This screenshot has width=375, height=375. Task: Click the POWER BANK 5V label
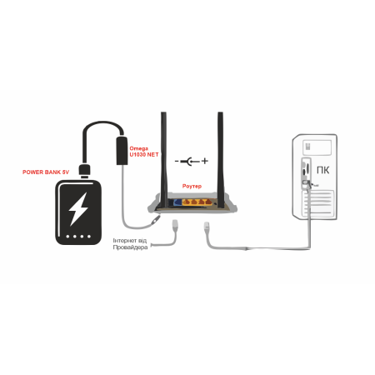tap(46, 172)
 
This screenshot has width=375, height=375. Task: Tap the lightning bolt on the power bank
tap(78, 208)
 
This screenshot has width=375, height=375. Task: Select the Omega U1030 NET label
tap(144, 152)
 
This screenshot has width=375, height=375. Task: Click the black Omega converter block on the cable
tap(122, 150)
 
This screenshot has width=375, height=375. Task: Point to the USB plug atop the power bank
tap(84, 171)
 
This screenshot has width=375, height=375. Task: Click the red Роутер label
tap(192, 186)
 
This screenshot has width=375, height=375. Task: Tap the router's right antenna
tap(221, 159)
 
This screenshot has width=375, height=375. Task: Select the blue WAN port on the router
tap(177, 202)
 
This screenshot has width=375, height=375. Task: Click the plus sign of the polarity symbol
tap(205, 161)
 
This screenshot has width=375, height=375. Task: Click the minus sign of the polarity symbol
tap(177, 161)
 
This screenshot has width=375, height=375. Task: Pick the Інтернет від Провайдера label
tap(130, 244)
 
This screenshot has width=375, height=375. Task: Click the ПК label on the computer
tap(323, 170)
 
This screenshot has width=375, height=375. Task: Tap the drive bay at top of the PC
tap(317, 147)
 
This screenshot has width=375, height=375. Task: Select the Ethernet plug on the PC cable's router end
tap(207, 226)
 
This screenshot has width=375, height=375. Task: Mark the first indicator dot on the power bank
tap(67, 237)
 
